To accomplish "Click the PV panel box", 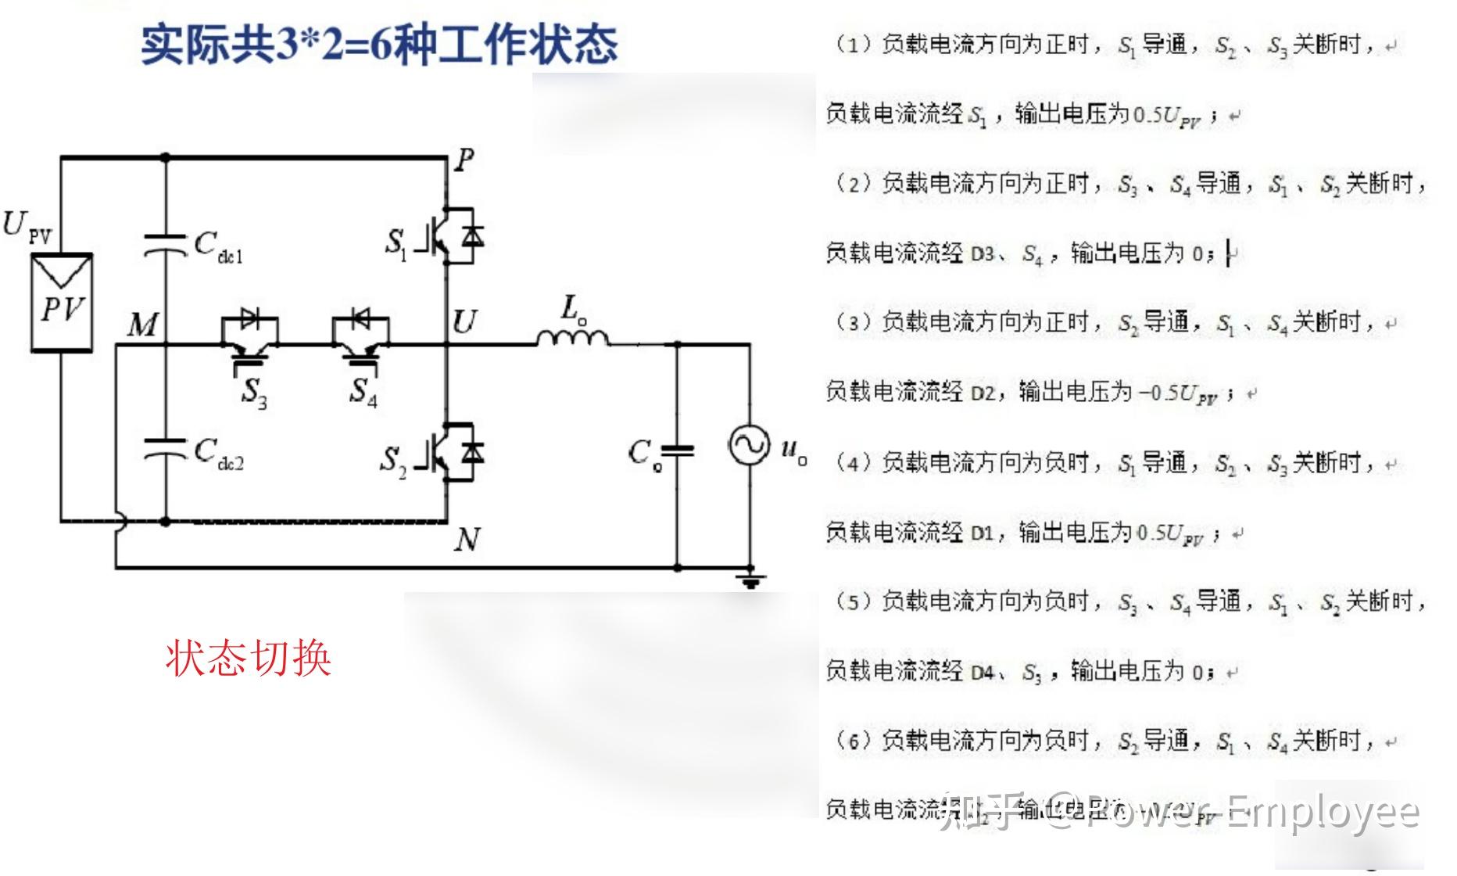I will pos(62,303).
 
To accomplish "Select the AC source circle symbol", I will pos(749,445).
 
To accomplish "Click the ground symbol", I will pos(750,580).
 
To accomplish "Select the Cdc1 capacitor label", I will pos(218,246).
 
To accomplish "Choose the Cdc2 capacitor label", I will pos(218,454).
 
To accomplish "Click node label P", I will pos(464,160).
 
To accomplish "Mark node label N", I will pos(467,539).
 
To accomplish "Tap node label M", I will pos(143,324).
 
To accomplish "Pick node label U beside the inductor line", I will pos(464,321).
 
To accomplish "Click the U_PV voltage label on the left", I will pos(27,227).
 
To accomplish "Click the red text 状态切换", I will pos(248,658).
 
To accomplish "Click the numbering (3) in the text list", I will pos(853,322).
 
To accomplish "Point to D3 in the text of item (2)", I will pos(983,253).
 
